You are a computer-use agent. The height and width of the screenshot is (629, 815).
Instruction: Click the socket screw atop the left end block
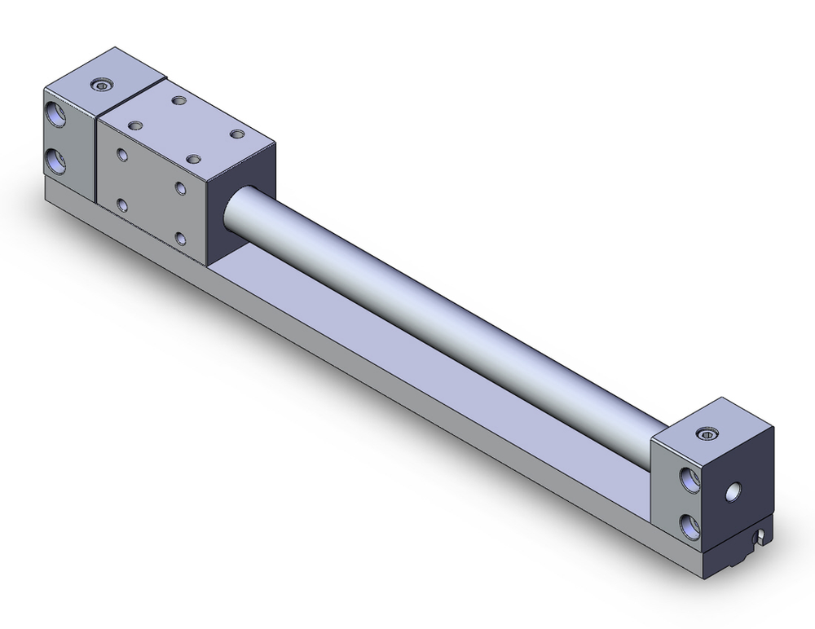tap(101, 86)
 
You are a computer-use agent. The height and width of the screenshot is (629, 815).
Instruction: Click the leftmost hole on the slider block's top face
tap(135, 125)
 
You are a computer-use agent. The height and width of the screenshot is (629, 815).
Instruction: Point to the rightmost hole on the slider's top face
tap(237, 134)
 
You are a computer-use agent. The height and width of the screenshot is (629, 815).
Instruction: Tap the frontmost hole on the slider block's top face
tap(193, 160)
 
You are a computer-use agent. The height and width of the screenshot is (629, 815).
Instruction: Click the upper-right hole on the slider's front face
tap(180, 189)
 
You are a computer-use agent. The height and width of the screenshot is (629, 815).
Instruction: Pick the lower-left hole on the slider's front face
tap(122, 205)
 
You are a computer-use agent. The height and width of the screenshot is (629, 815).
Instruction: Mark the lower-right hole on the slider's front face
tap(180, 240)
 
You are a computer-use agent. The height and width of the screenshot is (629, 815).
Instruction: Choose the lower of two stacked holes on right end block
tap(691, 524)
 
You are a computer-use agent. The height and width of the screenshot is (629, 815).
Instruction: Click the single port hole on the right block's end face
tap(736, 490)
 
